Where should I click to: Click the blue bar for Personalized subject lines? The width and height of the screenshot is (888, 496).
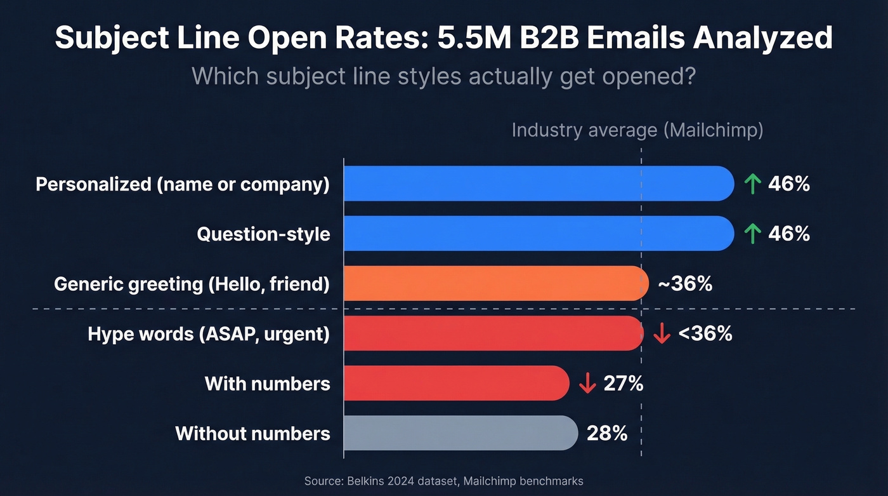[x=539, y=184]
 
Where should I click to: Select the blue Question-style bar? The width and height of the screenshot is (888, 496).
[x=539, y=233]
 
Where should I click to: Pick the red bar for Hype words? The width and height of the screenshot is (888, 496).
[x=493, y=333]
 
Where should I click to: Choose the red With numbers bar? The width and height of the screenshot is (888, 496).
[x=457, y=383]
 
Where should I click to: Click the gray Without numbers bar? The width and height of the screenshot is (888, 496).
[x=460, y=433]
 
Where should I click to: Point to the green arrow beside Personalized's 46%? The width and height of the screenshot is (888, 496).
[x=752, y=184]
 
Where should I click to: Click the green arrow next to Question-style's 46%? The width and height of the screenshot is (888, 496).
[x=752, y=234]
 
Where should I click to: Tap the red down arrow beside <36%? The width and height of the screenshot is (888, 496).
[x=662, y=333]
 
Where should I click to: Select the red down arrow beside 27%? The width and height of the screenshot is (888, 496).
[x=587, y=384]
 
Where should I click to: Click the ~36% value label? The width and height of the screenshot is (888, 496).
[x=685, y=284]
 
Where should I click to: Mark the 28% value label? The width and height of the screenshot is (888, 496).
[x=607, y=434]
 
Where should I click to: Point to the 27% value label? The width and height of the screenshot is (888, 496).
[x=623, y=384]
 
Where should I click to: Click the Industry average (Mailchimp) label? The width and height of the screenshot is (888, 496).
[x=637, y=130]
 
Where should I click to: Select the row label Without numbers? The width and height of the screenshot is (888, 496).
[x=252, y=434]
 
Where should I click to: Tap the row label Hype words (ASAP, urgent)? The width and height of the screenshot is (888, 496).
[x=209, y=333]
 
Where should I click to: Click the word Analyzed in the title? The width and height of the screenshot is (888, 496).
[x=762, y=38]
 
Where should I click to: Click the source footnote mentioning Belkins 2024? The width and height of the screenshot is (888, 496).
[x=443, y=481]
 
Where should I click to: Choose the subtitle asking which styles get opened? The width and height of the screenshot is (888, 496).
[x=443, y=76]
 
